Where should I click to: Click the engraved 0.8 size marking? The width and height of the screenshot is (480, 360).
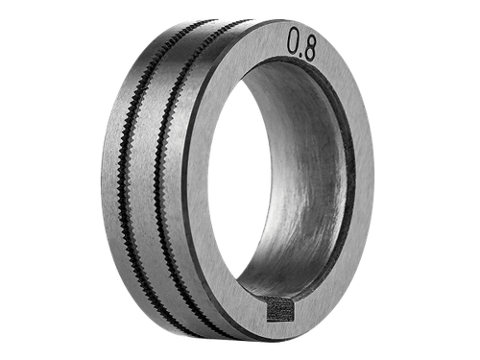click(x=301, y=44)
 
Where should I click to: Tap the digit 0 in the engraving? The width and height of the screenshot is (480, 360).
click(x=294, y=40)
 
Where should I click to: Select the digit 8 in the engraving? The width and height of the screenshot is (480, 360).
click(x=309, y=48)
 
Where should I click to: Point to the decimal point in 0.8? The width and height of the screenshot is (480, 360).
click(x=300, y=54)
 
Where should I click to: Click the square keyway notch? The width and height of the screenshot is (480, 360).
click(x=280, y=308)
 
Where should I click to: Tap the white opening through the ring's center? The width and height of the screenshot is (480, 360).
click(x=238, y=180)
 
